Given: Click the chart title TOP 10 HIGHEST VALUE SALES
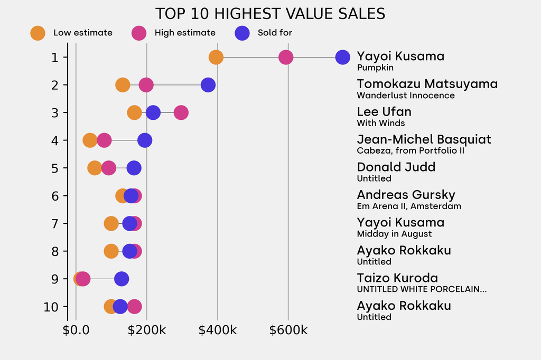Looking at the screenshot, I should (270, 14).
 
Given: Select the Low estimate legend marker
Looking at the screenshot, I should (38, 33).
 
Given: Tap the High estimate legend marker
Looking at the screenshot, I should (139, 33).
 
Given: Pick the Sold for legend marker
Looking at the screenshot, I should (242, 33).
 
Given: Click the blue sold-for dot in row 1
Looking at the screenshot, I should (342, 57).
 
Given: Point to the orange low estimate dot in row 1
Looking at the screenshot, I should (216, 57).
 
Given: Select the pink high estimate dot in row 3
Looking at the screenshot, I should (181, 112).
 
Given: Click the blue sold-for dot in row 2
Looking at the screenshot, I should (208, 85).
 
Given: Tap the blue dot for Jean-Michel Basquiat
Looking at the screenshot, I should (144, 140).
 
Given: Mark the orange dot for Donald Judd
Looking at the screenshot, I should (95, 168).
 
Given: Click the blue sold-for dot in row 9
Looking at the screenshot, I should (122, 279).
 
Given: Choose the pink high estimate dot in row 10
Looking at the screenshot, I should (135, 307).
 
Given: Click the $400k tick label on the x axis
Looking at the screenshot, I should (217, 330).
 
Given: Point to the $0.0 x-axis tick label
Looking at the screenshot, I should (76, 330).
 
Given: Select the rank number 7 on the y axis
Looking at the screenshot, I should (55, 223).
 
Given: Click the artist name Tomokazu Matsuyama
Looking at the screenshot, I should (427, 84).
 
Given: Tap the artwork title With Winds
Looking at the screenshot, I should (381, 123).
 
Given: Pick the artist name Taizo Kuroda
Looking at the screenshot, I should (397, 278).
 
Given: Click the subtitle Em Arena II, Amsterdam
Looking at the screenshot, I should (409, 206).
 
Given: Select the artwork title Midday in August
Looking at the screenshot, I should (394, 234).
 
